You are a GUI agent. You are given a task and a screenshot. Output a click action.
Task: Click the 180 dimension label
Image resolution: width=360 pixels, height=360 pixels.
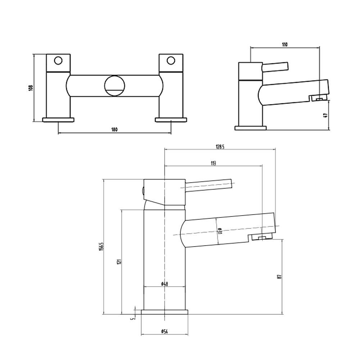(x=114, y=130)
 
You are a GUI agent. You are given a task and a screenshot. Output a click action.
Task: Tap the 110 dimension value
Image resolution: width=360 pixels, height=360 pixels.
(x=284, y=45)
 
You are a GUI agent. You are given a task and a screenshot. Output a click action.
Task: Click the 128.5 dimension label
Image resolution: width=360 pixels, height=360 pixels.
(x=220, y=146)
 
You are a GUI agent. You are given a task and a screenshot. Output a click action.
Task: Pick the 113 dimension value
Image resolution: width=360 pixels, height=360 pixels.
(x=213, y=163)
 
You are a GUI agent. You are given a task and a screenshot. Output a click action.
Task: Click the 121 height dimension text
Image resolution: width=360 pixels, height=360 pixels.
(x=119, y=262)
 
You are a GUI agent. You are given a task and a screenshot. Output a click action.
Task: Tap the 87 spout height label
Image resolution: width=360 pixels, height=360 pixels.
(x=279, y=276)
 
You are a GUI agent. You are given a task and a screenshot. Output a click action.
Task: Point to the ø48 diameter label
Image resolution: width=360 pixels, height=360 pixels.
(x=165, y=284)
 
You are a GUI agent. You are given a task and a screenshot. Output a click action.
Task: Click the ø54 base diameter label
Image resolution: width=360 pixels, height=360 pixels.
(x=164, y=331)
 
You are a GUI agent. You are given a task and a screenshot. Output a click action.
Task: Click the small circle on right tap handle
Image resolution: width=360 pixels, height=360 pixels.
(x=171, y=60)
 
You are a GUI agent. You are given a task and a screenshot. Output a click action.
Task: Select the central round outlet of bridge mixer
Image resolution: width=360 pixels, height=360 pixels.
(x=115, y=86)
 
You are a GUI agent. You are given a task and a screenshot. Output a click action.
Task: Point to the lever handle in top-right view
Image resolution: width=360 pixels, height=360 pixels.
(x=275, y=66)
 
